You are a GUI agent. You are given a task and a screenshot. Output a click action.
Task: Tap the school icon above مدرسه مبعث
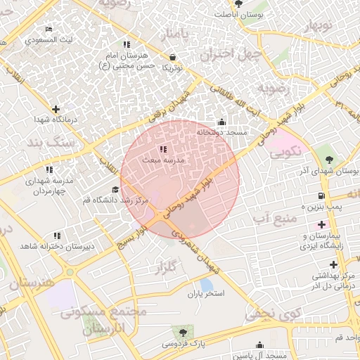163,150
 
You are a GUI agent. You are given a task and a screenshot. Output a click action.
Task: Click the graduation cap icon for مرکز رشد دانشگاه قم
115,190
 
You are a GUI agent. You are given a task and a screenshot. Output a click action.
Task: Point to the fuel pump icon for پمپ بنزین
321,195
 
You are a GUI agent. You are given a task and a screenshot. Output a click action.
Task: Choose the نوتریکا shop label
173,68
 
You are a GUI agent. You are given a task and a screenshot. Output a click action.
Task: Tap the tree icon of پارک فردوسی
184,332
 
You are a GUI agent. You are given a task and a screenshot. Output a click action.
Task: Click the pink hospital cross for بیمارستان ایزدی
322,225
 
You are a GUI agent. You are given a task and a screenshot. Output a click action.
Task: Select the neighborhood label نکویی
285,150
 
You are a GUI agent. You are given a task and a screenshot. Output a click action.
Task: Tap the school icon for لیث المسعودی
48,30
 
